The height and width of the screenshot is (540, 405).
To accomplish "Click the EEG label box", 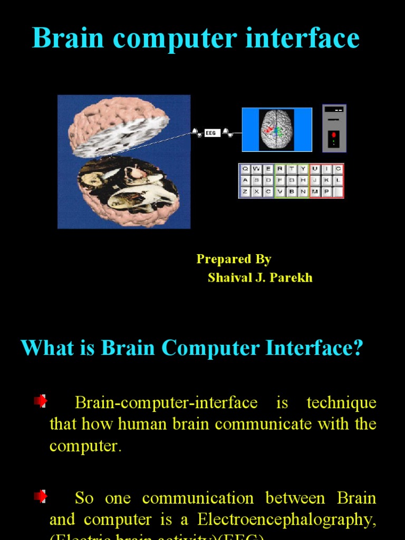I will [x=211, y=133].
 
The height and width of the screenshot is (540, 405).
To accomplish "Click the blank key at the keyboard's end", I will [x=337, y=191].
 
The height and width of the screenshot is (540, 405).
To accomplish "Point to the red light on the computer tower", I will [x=334, y=135].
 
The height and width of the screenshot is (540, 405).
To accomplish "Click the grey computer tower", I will [x=334, y=128].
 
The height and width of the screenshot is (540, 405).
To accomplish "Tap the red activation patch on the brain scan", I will [x=269, y=129].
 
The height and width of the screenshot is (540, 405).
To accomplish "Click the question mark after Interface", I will [x=358, y=348].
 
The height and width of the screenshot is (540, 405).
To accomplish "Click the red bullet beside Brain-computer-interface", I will [x=41, y=401].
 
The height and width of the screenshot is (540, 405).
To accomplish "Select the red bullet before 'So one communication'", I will [x=41, y=496].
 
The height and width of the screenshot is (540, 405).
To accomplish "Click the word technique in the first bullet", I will [x=341, y=403].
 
